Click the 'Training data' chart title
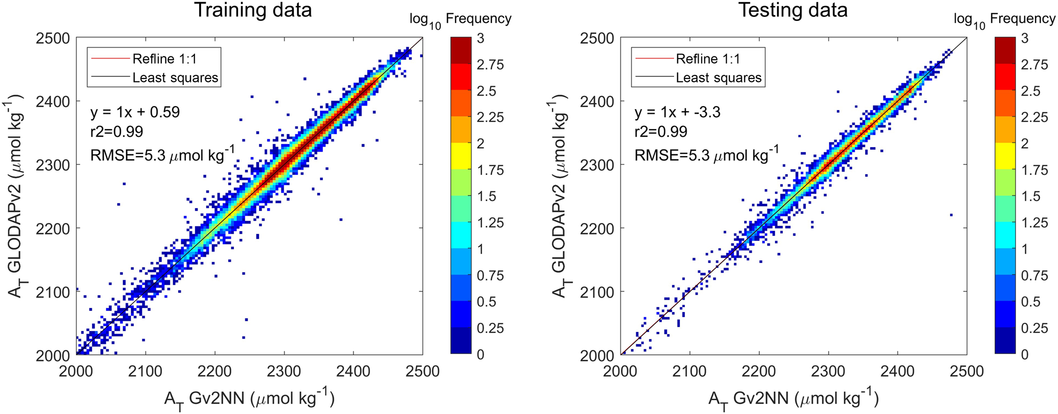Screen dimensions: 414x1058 pyautogui.click(x=252, y=10)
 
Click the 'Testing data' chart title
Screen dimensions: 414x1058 pyautogui.click(x=792, y=10)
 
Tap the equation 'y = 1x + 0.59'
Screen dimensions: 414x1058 pyautogui.click(x=135, y=112)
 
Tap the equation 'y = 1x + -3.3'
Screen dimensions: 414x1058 pyautogui.click(x=677, y=112)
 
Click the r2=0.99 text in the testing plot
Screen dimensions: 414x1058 pyautogui.click(x=661, y=132)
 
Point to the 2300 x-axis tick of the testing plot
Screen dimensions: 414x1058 pyautogui.click(x=828, y=370)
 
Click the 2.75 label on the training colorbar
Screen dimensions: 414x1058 pyautogui.click(x=490, y=65)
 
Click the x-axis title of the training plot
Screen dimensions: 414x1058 pyautogui.click(x=249, y=398)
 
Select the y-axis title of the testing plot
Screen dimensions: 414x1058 pyautogui.click(x=562, y=196)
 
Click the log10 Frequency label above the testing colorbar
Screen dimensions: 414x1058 pyautogui.click(x=1004, y=20)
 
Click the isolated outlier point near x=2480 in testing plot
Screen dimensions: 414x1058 pyautogui.click(x=951, y=215)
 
